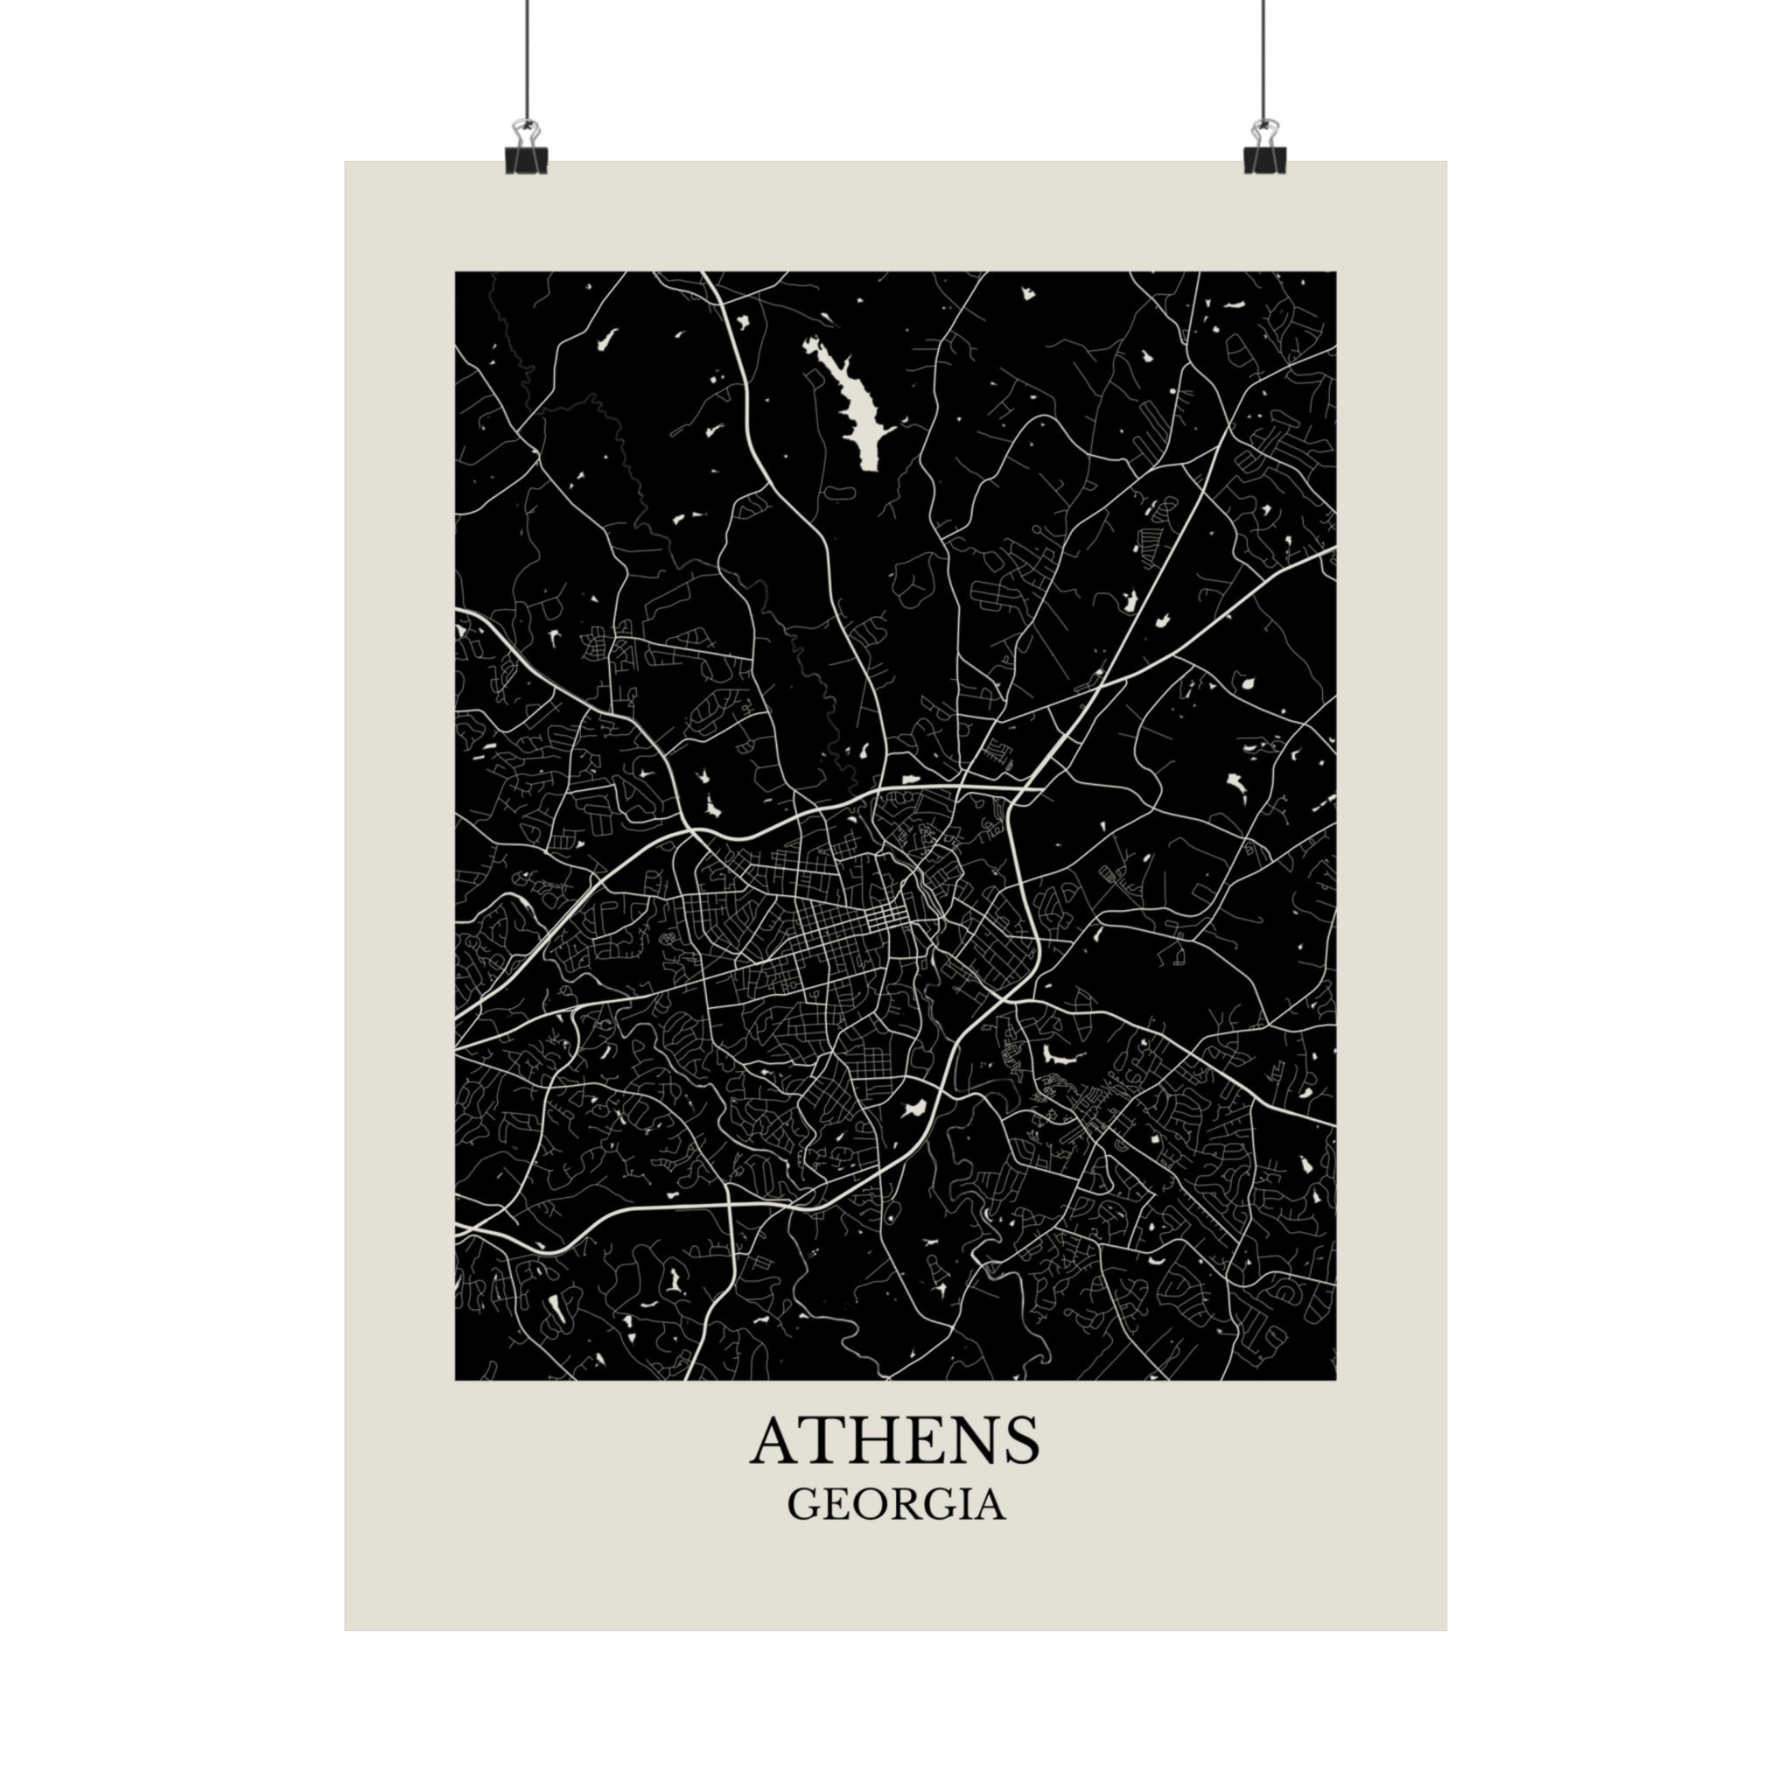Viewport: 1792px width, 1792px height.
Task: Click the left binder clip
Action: [x=526, y=153]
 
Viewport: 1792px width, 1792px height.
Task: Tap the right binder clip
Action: [x=1264, y=153]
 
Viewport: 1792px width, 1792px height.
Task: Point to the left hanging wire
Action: [x=526, y=56]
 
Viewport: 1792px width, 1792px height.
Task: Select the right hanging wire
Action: [x=1263, y=56]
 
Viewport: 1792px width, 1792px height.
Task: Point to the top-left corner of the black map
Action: [x=455, y=273]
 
